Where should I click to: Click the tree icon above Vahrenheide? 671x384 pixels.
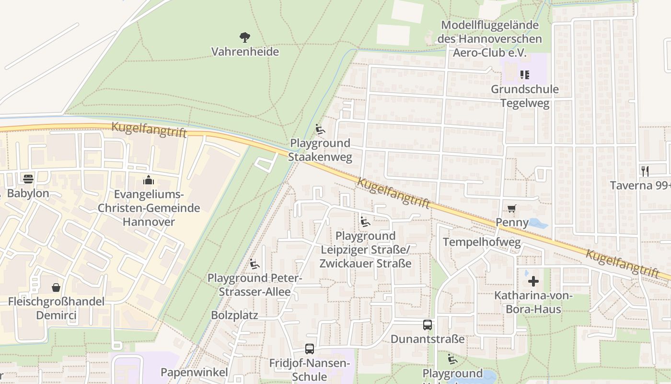(x=245, y=37)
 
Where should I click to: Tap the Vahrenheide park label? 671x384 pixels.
(x=245, y=51)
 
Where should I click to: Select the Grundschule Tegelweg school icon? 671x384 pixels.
(x=524, y=74)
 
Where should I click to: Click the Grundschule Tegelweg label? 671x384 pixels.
(x=525, y=96)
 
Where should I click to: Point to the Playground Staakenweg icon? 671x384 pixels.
(x=320, y=129)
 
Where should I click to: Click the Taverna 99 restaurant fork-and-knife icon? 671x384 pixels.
(x=645, y=170)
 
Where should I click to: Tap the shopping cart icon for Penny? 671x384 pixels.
(x=511, y=208)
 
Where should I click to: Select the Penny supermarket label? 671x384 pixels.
(x=512, y=222)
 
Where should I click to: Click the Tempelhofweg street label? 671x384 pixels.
(x=481, y=241)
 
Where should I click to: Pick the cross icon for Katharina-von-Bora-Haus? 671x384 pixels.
(x=533, y=281)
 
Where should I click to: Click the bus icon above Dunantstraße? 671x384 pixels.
(x=428, y=324)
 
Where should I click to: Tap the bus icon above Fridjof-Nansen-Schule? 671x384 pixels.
(x=310, y=349)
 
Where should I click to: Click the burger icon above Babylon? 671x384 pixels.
(x=28, y=179)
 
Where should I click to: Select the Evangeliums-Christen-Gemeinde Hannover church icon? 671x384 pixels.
(x=149, y=180)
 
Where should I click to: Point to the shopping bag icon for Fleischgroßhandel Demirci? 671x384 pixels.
(x=56, y=287)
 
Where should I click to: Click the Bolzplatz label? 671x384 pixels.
(x=234, y=315)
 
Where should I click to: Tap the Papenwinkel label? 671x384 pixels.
(x=194, y=372)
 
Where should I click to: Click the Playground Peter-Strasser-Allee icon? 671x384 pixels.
(x=255, y=264)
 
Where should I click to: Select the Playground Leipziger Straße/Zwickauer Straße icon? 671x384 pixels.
(x=365, y=221)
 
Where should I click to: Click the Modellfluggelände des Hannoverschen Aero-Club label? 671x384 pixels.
(x=489, y=39)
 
